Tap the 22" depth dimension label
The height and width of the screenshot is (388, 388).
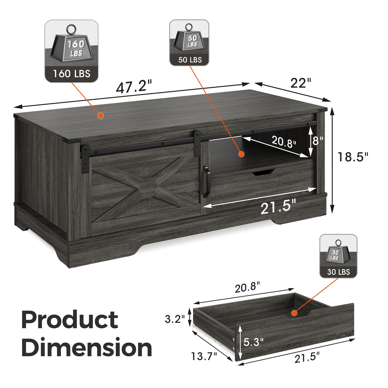pyautogui.click(x=300, y=83)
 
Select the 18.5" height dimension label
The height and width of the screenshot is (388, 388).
pyautogui.click(x=353, y=157)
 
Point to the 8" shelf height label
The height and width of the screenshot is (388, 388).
pyautogui.click(x=318, y=140)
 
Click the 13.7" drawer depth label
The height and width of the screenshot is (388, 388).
pyautogui.click(x=204, y=356)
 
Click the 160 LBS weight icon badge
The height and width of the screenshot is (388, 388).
pyautogui.click(x=71, y=51)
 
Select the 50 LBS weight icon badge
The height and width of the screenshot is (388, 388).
pyautogui.click(x=189, y=43)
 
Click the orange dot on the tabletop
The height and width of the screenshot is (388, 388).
pyautogui.click(x=100, y=115)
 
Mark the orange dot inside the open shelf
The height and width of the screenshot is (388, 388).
pyautogui.click(x=241, y=154)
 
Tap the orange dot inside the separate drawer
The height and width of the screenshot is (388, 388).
pyautogui.click(x=294, y=313)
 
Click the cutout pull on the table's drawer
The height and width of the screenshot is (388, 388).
pyautogui.click(x=263, y=172)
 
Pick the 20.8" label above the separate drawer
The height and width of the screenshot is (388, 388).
pyautogui.click(x=247, y=288)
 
